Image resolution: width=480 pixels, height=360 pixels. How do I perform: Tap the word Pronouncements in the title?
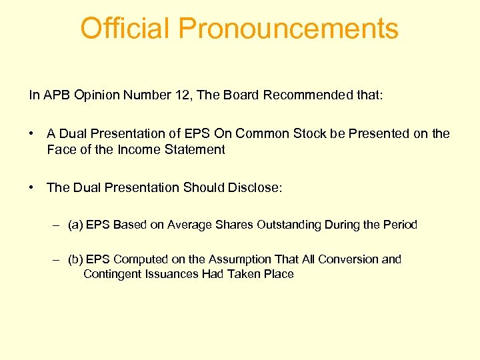point(288,29)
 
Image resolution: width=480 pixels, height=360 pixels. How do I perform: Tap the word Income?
point(139,150)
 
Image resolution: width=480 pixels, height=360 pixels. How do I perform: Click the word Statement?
point(194,150)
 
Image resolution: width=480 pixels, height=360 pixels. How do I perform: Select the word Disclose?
point(255,188)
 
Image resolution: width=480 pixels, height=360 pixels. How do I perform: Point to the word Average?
point(190,225)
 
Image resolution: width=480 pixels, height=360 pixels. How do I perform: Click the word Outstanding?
point(288,225)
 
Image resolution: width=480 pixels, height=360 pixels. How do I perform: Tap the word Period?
point(400,225)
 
